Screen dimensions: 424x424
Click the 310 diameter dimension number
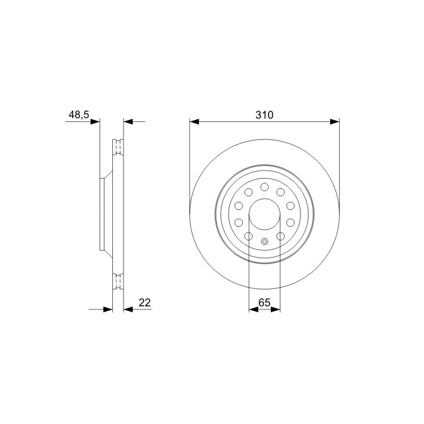264,115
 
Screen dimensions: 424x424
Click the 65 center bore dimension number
264,302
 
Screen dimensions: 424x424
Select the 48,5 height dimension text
78,114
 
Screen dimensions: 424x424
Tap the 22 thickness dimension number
145,302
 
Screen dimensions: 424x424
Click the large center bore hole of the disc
264,214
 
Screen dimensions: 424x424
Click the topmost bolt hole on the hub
264,187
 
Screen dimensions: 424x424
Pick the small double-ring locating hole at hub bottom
264,242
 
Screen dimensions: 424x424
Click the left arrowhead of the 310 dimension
194,122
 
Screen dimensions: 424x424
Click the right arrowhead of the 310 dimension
335,122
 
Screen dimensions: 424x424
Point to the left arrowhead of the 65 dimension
253,310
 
